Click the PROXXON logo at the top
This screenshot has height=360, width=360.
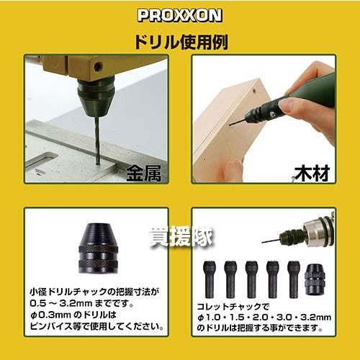[x=180, y=15]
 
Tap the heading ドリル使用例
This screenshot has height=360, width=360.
[x=181, y=42]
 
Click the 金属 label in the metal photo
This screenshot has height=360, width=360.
[x=144, y=174]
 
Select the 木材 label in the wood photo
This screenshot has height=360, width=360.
[x=312, y=174]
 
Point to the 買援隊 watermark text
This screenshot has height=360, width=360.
[x=181, y=236]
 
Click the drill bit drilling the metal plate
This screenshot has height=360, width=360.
[x=97, y=140]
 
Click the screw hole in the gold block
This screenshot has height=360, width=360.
[x=98, y=67]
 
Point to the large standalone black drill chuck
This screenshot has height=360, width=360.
[x=98, y=248]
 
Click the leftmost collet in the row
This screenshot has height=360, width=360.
[x=209, y=279]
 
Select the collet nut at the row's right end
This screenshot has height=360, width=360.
[x=315, y=279]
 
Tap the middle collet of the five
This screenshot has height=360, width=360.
[x=251, y=279]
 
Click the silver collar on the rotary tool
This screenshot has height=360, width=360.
[x=315, y=231]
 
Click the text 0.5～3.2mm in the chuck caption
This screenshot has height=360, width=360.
[x=61, y=303]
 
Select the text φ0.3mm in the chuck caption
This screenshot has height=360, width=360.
[x=50, y=315]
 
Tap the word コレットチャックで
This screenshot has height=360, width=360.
[x=233, y=307]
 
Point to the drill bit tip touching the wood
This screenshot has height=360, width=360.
[x=230, y=125]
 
